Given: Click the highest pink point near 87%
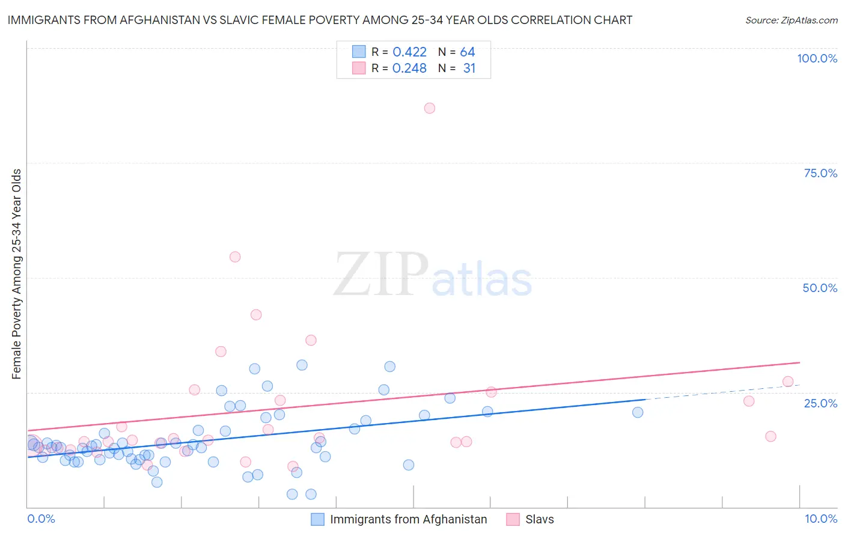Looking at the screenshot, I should [429, 108].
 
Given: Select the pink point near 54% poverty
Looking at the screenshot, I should [235, 257].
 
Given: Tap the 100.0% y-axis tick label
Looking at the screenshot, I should [817, 58].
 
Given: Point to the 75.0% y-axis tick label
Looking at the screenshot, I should [820, 173].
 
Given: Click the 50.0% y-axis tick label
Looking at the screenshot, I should [820, 288].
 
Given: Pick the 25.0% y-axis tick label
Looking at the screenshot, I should [820, 403].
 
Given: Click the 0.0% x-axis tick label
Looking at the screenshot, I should [41, 519].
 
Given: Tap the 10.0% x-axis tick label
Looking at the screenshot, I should [820, 519].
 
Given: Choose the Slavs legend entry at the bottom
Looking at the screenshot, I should [539, 519].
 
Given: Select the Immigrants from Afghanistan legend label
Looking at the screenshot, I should [408, 519].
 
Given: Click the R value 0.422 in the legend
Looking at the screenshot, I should [409, 52].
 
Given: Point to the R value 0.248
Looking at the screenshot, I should [409, 69].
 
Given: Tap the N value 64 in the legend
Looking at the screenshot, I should [468, 52].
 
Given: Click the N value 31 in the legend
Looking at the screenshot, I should [469, 69].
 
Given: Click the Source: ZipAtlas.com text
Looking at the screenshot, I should [791, 20].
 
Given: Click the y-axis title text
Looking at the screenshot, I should [16, 274].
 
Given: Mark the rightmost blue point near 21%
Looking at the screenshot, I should [638, 412].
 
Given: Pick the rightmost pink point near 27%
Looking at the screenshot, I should [788, 382].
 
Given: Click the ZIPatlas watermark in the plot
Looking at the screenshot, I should [433, 276].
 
